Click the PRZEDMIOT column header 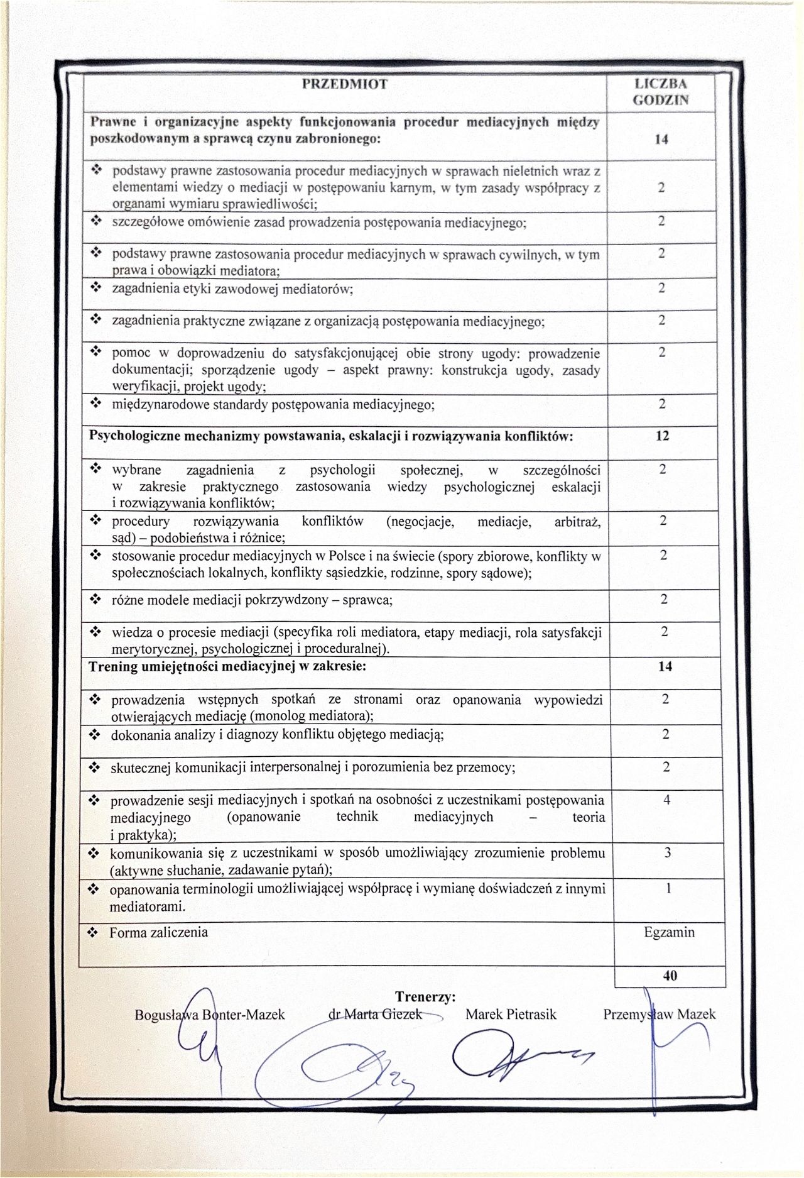(x=345, y=84)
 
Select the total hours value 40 (x=670, y=976)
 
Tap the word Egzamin (x=669, y=932)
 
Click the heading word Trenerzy (x=425, y=996)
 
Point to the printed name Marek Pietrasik (x=511, y=1014)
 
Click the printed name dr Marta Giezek (x=376, y=1014)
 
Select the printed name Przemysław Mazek (x=659, y=1014)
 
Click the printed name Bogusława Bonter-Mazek (x=210, y=1014)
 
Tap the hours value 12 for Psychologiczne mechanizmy (x=662, y=436)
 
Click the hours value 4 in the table (x=666, y=800)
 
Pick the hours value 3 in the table (x=667, y=853)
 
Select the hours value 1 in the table (x=667, y=888)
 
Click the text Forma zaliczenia (x=158, y=932)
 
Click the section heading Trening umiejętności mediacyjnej (x=227, y=666)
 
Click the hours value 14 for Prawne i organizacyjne (x=660, y=140)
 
